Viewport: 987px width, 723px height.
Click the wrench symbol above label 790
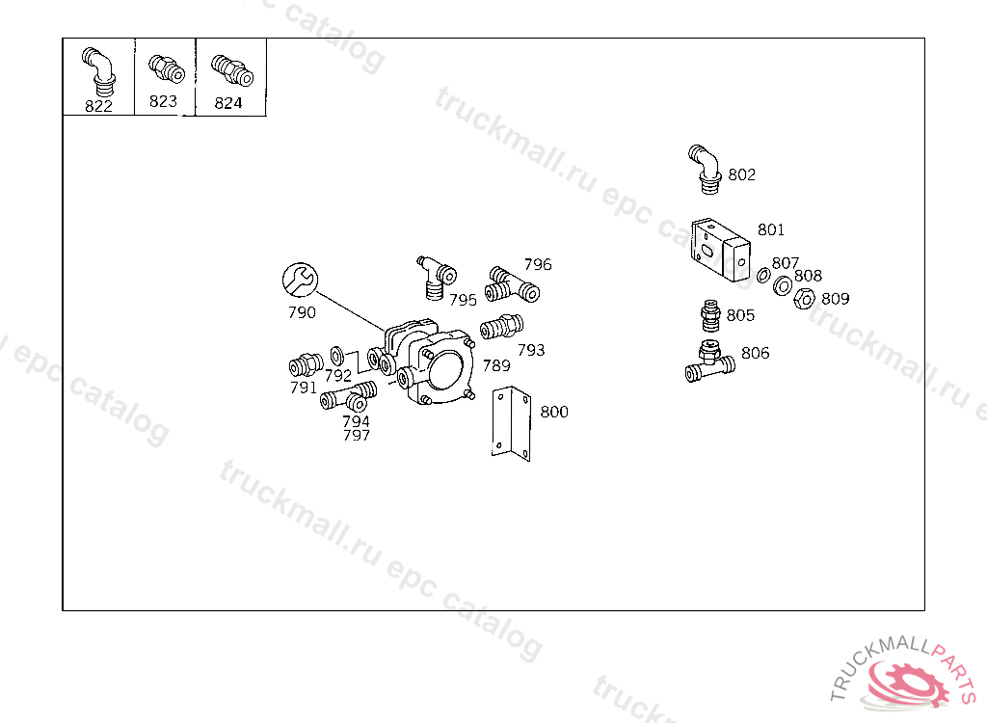coord(301,280)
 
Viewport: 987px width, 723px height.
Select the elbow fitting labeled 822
coord(99,71)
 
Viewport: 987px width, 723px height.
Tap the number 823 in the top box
coord(163,101)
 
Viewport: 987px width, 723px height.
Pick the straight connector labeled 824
coord(232,70)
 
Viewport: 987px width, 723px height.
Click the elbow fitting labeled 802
coord(706,168)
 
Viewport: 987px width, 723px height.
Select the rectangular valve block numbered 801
coord(721,250)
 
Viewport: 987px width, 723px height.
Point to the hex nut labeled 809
coord(804,299)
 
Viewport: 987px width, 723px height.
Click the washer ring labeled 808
coord(783,286)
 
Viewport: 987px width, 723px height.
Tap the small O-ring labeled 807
coord(763,275)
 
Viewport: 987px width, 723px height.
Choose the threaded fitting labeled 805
coord(710,316)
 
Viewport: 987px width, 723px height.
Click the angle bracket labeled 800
coord(511,423)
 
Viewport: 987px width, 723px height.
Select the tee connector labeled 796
coord(512,285)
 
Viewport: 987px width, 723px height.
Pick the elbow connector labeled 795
coord(437,279)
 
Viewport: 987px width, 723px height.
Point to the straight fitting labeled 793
coord(501,326)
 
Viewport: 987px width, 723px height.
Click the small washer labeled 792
coord(336,355)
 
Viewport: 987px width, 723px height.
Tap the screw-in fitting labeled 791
coord(306,364)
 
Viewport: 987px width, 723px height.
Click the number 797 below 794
coord(357,435)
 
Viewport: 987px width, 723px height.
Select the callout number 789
coord(496,365)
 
